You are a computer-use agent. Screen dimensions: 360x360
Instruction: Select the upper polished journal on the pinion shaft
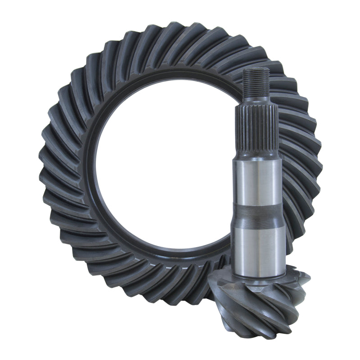[x=258, y=180]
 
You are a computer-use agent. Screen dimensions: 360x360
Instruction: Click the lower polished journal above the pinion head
[x=258, y=247]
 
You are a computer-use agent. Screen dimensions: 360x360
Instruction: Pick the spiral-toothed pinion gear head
[x=270, y=301]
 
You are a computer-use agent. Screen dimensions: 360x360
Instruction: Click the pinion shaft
[x=258, y=189]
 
